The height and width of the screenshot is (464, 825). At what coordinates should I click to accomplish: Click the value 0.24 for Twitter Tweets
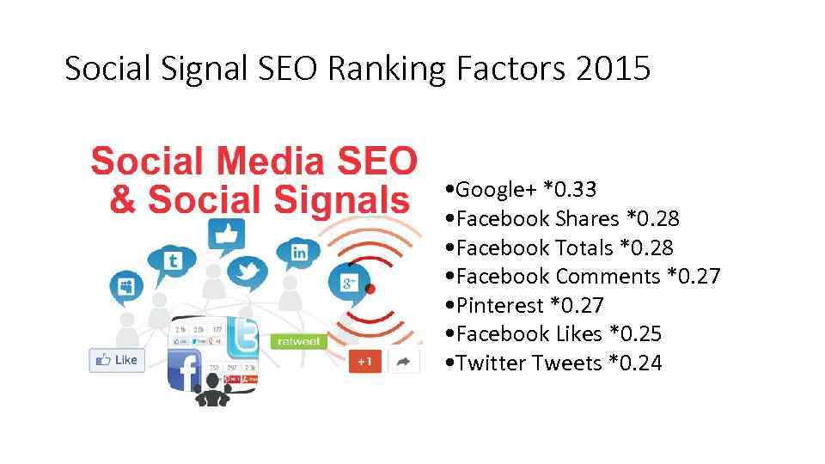pyautogui.click(x=636, y=363)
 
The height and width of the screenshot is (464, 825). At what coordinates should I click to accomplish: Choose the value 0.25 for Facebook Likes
pyautogui.click(x=637, y=334)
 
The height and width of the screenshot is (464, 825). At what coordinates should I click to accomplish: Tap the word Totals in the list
pyautogui.click(x=584, y=247)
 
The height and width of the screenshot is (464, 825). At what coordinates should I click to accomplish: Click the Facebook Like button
pyautogui.click(x=117, y=360)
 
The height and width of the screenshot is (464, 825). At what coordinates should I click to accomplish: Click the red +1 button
pyautogui.click(x=364, y=362)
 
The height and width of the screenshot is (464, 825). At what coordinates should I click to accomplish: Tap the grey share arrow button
pyautogui.click(x=402, y=362)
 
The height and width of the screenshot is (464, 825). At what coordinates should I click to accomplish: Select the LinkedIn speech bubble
pyautogui.click(x=299, y=252)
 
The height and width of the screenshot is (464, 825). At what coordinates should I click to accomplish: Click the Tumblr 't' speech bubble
pyautogui.click(x=172, y=260)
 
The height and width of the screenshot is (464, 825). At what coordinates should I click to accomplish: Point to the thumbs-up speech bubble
pyautogui.click(x=226, y=234)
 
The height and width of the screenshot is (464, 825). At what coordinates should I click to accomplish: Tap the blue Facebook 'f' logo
pyautogui.click(x=185, y=369)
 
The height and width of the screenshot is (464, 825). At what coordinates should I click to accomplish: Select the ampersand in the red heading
pyautogui.click(x=124, y=199)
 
